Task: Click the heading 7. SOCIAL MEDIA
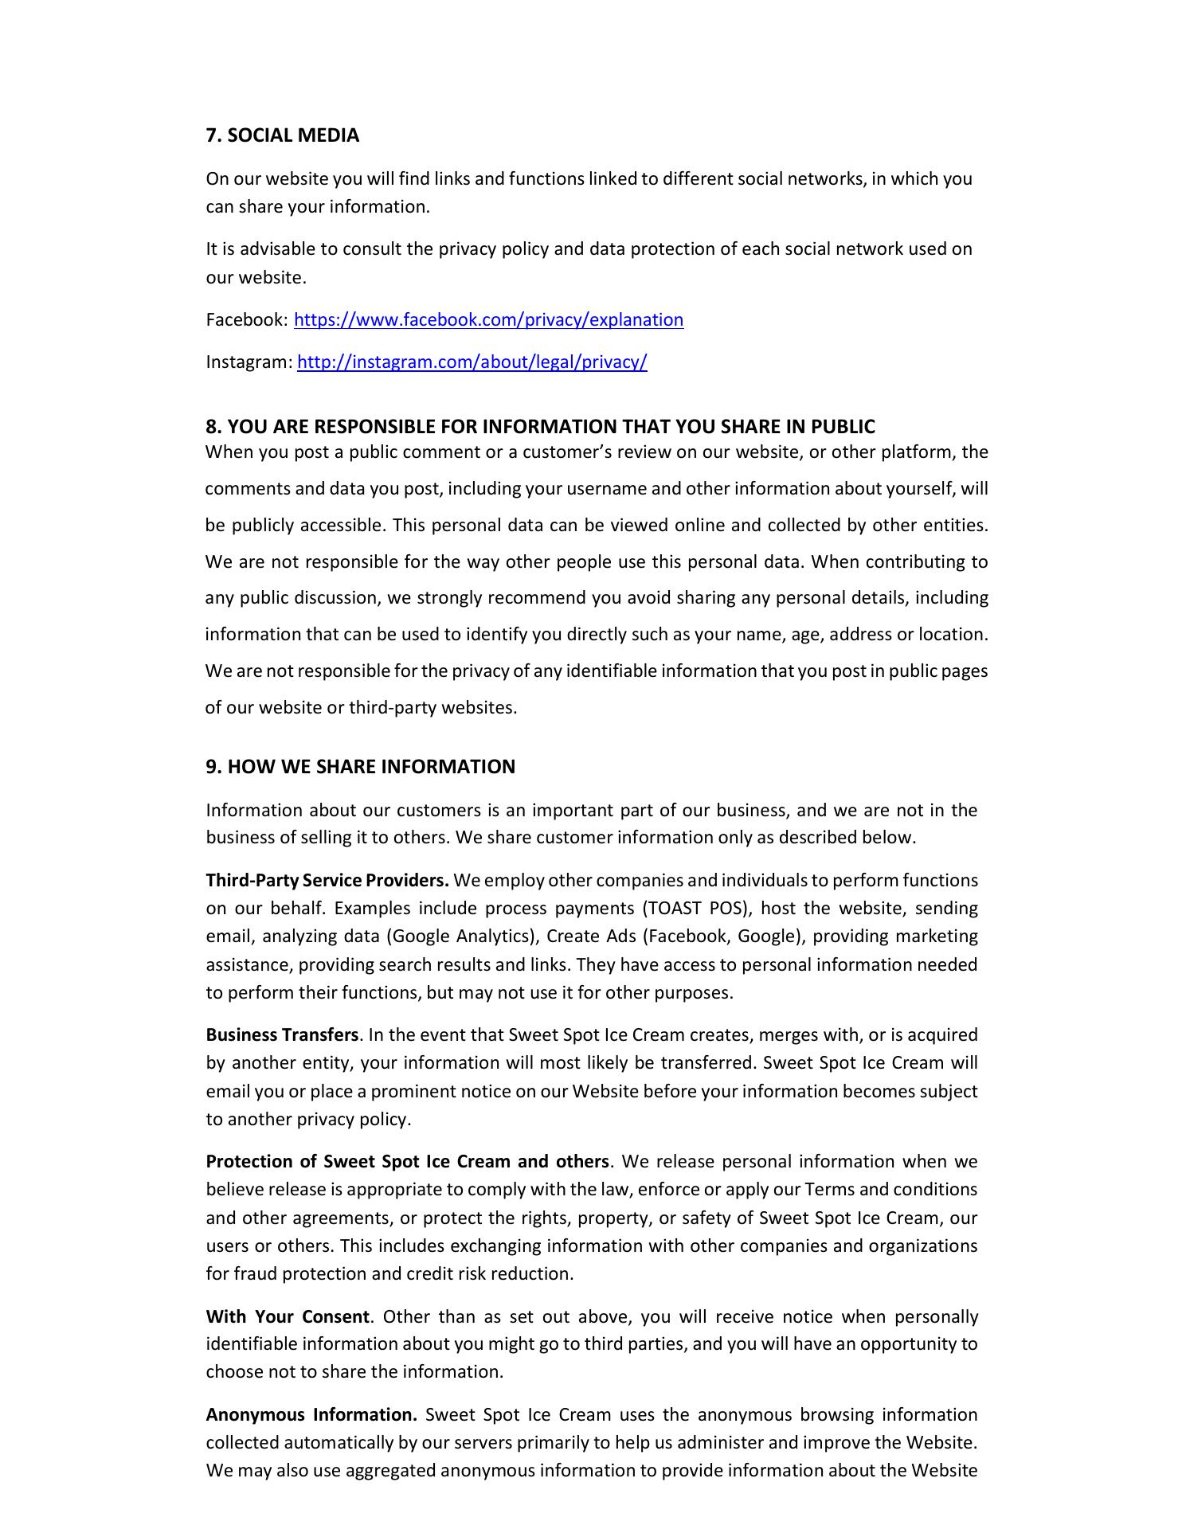click(283, 135)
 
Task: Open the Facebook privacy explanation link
click(488, 320)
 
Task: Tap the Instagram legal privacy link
click(472, 362)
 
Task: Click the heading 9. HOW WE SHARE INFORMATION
click(360, 767)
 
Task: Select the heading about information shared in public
click(540, 427)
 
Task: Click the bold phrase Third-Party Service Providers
click(327, 881)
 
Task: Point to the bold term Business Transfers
click(282, 1035)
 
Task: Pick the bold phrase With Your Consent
click(288, 1316)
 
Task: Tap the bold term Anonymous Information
click(311, 1415)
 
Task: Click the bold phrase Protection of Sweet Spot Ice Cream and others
click(407, 1162)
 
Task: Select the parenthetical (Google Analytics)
click(459, 937)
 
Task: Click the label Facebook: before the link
click(247, 320)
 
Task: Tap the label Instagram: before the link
click(249, 362)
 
